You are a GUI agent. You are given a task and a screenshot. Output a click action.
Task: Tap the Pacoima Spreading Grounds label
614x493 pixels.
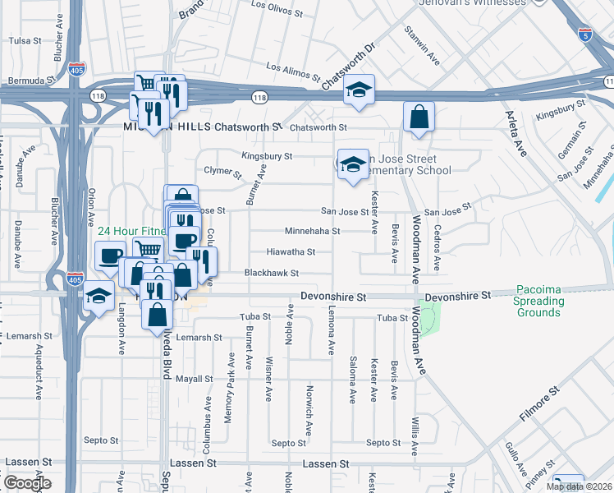click(x=540, y=301)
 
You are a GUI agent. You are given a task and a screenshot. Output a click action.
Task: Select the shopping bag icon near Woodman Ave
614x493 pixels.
click(x=419, y=117)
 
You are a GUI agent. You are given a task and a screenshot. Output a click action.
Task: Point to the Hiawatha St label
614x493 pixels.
click(x=291, y=252)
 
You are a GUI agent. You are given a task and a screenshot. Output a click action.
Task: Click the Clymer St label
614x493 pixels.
click(x=222, y=173)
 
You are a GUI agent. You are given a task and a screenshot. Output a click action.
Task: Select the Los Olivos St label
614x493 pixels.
click(x=281, y=6)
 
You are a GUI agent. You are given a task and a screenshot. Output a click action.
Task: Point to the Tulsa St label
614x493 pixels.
click(x=25, y=40)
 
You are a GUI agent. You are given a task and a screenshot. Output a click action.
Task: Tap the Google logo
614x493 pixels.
click(x=27, y=483)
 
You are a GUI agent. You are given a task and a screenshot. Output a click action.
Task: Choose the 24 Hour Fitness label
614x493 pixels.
click(x=132, y=232)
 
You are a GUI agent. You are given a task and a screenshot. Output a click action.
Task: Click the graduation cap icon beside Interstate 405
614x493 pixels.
click(x=99, y=297)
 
